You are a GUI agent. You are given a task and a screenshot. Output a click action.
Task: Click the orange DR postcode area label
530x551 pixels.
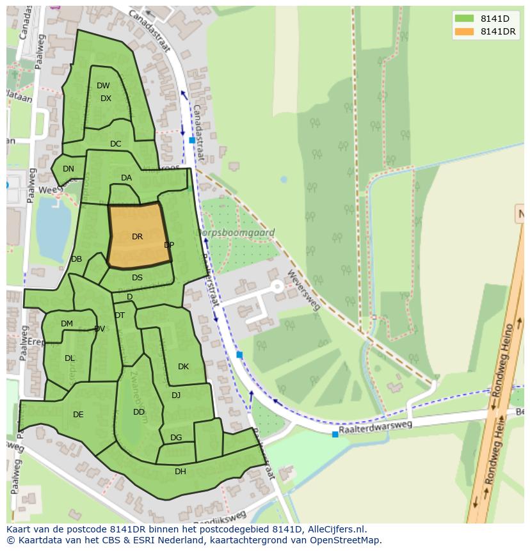coord(137,237)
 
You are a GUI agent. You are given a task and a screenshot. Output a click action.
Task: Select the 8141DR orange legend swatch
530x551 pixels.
coord(464,32)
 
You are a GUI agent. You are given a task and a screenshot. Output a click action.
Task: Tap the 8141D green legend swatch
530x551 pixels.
coord(464,19)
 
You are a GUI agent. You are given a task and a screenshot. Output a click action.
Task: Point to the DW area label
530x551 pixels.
coord(103,86)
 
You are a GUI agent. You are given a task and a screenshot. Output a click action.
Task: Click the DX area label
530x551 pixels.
coord(106,99)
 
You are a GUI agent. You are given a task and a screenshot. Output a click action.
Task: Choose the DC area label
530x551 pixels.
coord(115,144)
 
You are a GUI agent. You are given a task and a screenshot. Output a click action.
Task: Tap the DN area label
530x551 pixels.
coord(68,170)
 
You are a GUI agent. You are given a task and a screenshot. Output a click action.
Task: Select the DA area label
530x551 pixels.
coord(126,178)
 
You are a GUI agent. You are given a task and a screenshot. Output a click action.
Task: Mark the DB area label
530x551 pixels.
coord(76,259)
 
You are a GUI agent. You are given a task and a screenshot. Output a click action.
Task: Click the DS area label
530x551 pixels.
coord(137,278)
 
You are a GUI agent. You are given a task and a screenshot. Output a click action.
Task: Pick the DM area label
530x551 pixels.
coord(67,324)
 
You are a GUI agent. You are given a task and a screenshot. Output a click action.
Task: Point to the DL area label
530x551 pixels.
coord(70,358)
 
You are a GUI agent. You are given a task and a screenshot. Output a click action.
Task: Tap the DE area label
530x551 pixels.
coord(78,415)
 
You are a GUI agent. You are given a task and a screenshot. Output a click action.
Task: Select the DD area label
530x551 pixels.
coord(139,412)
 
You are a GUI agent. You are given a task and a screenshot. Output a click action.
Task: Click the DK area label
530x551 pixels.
coord(183,367)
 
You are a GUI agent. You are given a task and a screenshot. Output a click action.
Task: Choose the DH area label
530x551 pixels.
coord(181,472)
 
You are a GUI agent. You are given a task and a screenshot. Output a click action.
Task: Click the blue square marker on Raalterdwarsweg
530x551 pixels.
coord(335,435)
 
